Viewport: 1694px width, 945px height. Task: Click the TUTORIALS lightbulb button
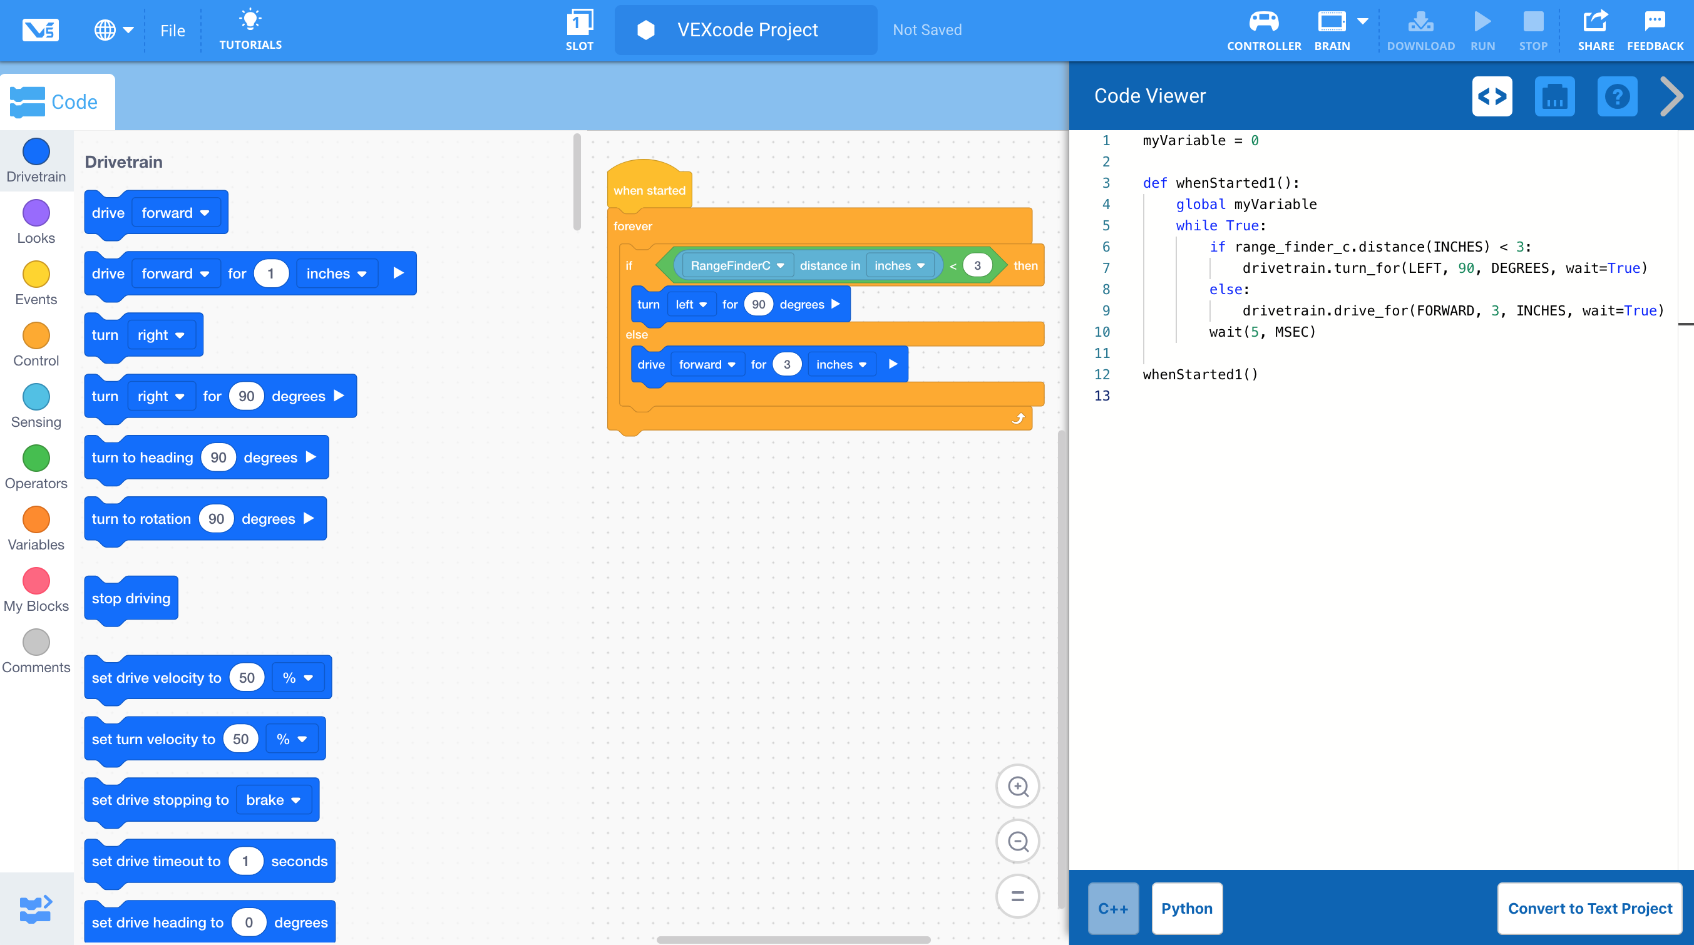(x=250, y=29)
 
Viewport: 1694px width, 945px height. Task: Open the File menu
(x=172, y=31)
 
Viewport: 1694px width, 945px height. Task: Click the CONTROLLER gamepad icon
(x=1263, y=23)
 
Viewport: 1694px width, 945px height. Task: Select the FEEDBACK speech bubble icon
(x=1655, y=22)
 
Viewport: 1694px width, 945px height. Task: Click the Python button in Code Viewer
(x=1186, y=908)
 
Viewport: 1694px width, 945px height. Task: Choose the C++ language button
(x=1112, y=908)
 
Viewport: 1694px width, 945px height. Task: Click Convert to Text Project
(x=1589, y=908)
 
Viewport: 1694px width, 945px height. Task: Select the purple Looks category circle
(x=36, y=213)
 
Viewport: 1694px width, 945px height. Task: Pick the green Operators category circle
(x=36, y=458)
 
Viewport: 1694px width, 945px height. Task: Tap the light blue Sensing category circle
(x=36, y=397)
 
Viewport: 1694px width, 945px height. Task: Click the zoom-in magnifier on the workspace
(x=1017, y=787)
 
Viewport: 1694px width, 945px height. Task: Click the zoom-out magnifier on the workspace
(x=1017, y=841)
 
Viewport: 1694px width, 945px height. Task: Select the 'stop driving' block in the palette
(x=131, y=598)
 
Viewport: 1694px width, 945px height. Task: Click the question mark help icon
(x=1616, y=96)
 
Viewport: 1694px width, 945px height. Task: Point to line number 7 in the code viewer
(x=1106, y=268)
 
